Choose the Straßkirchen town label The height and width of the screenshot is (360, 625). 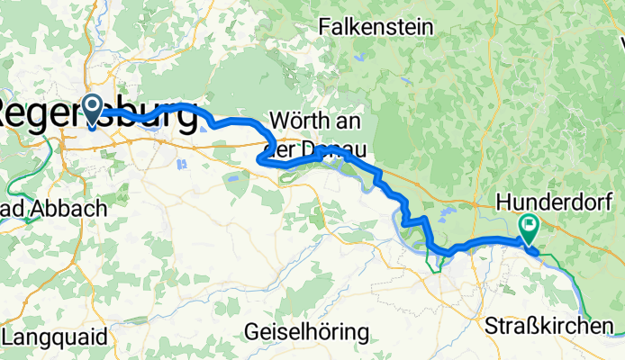(x=553, y=325)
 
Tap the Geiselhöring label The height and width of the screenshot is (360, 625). (x=305, y=332)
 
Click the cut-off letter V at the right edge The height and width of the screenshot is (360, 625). (x=620, y=40)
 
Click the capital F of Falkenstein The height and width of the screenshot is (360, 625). (x=324, y=28)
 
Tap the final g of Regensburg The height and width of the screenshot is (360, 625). (x=184, y=117)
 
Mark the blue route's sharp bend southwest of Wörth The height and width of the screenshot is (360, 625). (x=260, y=159)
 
